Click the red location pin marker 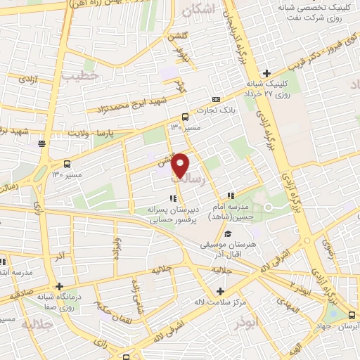coord(181,164)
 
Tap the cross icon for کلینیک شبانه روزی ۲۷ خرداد coord(266,73)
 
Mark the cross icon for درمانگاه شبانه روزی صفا coord(60,286)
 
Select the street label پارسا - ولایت coord(108,131)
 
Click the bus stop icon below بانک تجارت coord(185,117)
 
